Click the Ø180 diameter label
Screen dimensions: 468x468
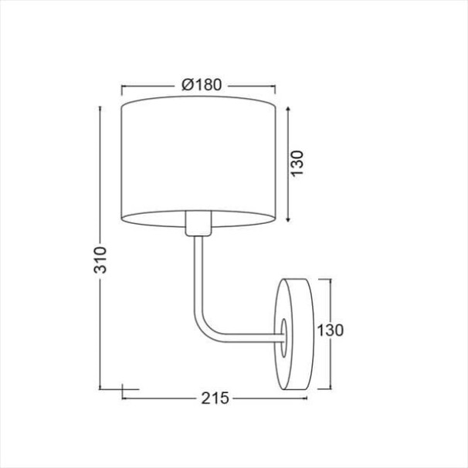tap(202, 85)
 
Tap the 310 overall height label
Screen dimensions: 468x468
tap(100, 260)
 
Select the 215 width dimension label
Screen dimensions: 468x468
tap(215, 398)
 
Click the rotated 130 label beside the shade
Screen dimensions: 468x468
tap(297, 164)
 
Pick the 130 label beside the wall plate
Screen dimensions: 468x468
tap(330, 331)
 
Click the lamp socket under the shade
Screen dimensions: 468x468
tap(198, 223)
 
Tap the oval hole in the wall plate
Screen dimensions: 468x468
tap(283, 337)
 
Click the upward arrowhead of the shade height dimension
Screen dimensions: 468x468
tap(288, 109)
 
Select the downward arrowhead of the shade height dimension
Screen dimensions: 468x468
tap(288, 219)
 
